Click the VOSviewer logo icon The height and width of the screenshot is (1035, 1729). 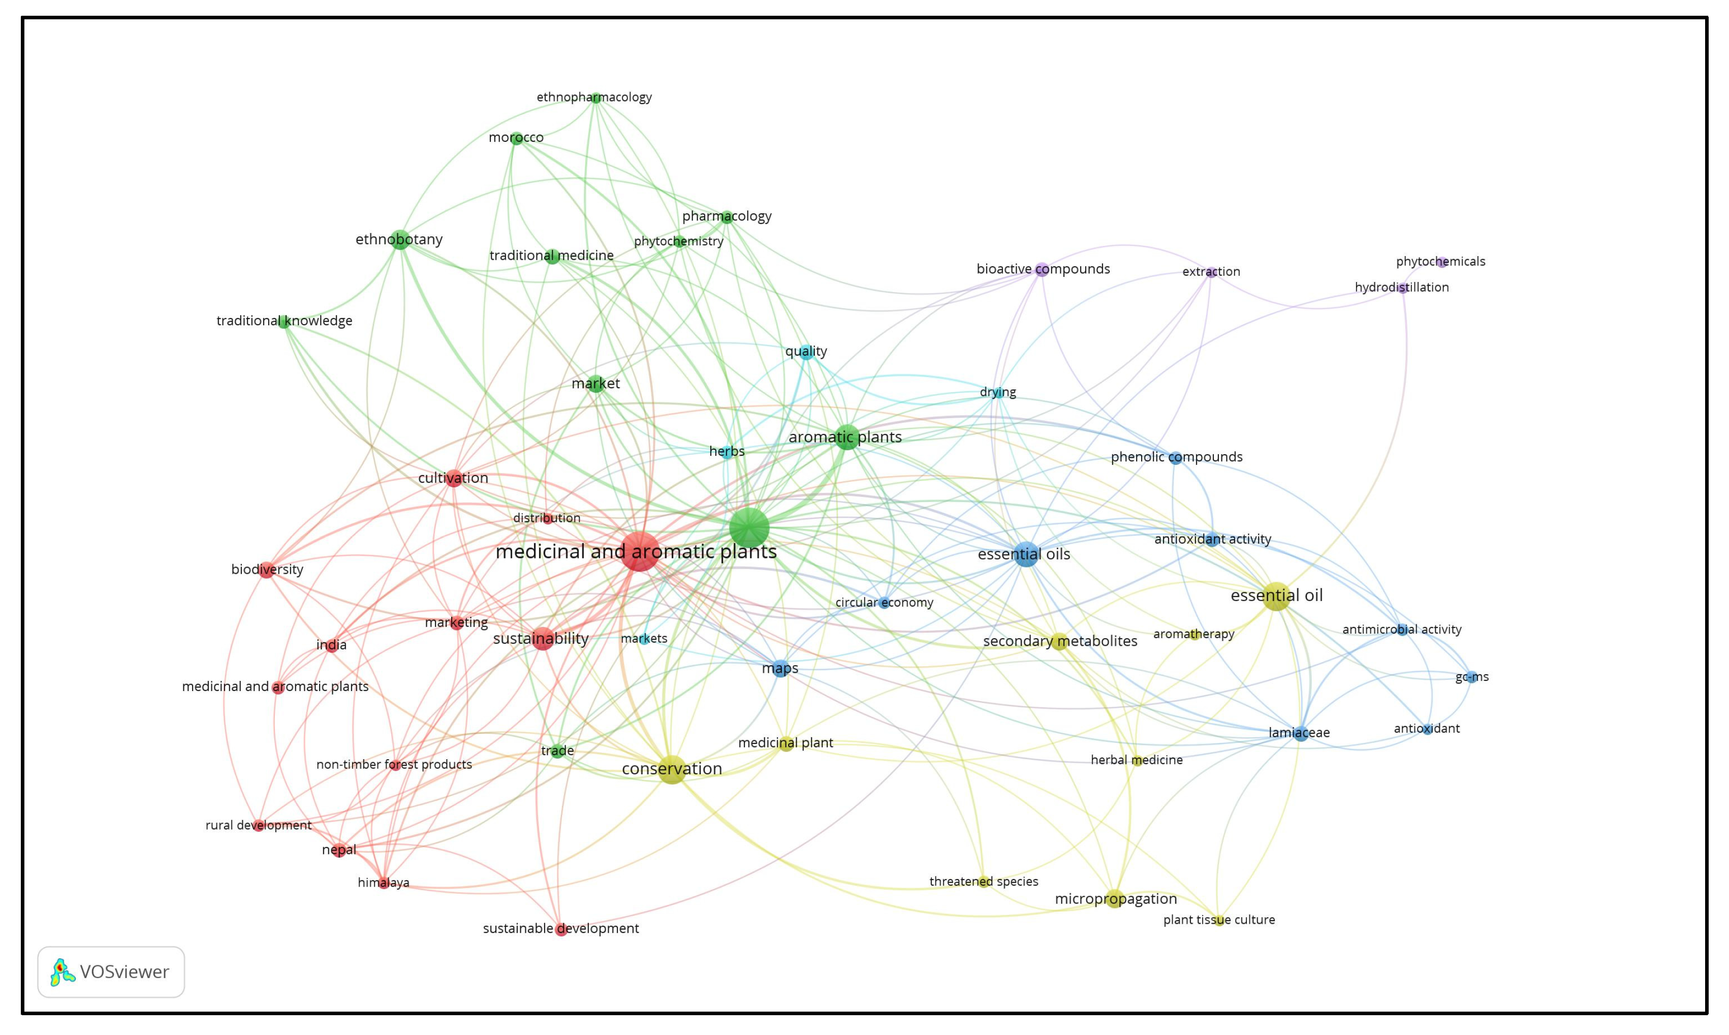(62, 971)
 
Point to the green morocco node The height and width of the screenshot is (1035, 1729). (516, 138)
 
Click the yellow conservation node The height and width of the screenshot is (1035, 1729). (672, 769)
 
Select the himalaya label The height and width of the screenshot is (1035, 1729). (383, 883)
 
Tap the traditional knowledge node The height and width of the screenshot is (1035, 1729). (284, 322)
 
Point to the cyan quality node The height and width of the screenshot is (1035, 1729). (806, 352)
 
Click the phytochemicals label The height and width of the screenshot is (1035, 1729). (1440, 262)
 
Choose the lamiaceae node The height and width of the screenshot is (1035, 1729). (1301, 733)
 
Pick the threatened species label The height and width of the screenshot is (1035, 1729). (984, 882)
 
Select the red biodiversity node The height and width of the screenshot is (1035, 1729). (266, 571)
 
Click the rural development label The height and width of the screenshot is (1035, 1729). (258, 825)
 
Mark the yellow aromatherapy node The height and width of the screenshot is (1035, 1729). (1194, 635)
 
